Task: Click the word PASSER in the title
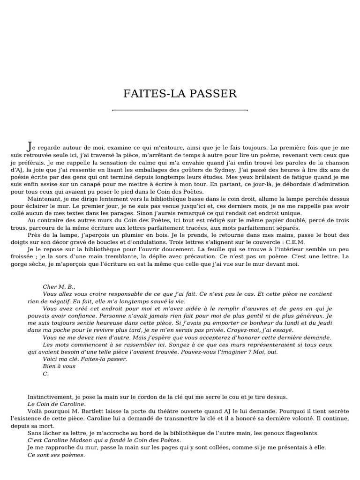coord(213,94)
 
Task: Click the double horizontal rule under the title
coord(180,111)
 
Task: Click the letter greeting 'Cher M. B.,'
coord(59,286)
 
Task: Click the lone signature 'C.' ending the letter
coord(45,374)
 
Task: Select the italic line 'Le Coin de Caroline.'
coord(56,404)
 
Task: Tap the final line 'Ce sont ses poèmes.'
coord(56,455)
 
